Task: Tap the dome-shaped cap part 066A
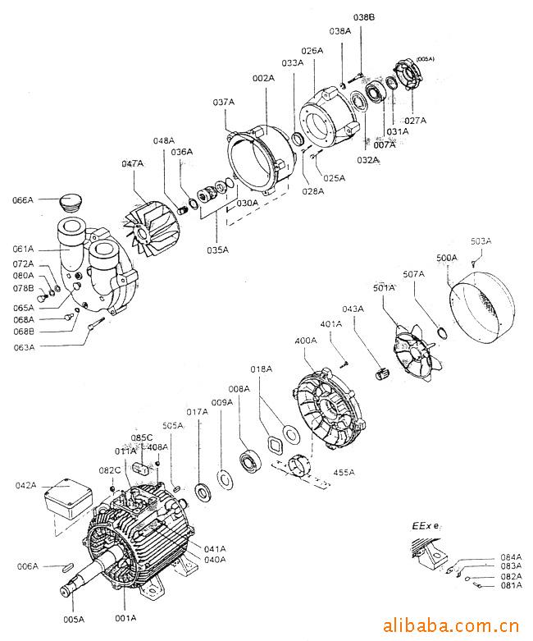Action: pyautogui.click(x=75, y=202)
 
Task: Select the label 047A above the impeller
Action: pyautogui.click(x=132, y=164)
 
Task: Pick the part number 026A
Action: pyautogui.click(x=312, y=51)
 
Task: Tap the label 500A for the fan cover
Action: pyautogui.click(x=447, y=258)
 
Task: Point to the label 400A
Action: pyautogui.click(x=305, y=340)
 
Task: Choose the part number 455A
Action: pyautogui.click(x=344, y=472)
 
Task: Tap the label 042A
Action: pyautogui.click(x=26, y=485)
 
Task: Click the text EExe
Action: pyautogui.click(x=426, y=524)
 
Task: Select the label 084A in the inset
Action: pyautogui.click(x=511, y=557)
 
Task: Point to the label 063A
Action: pyautogui.click(x=23, y=347)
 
